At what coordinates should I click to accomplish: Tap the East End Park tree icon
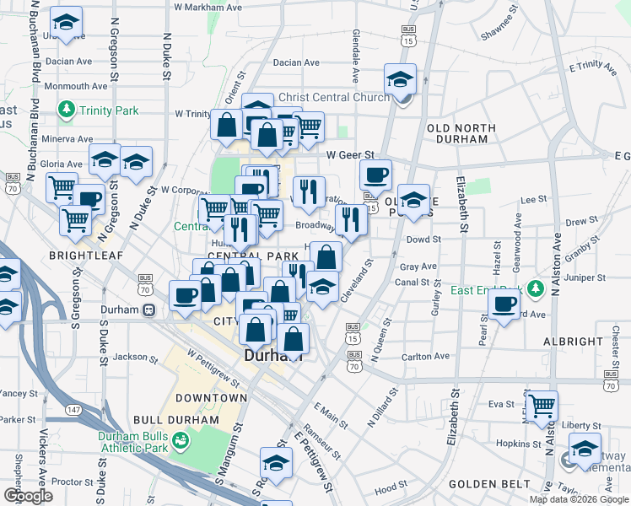click(x=534, y=290)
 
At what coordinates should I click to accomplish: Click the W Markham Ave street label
click(x=208, y=7)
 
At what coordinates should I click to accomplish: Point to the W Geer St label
click(x=349, y=155)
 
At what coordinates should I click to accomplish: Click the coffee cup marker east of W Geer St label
click(x=375, y=175)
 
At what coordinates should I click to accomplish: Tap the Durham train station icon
click(x=148, y=310)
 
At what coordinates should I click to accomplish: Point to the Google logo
click(x=27, y=496)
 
